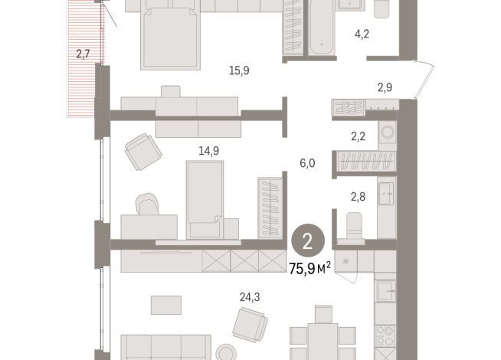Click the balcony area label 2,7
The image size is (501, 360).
83,54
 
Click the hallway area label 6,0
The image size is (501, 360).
306,162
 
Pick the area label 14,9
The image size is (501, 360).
208,150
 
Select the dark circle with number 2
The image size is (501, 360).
307,242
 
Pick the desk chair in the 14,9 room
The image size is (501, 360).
147,205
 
